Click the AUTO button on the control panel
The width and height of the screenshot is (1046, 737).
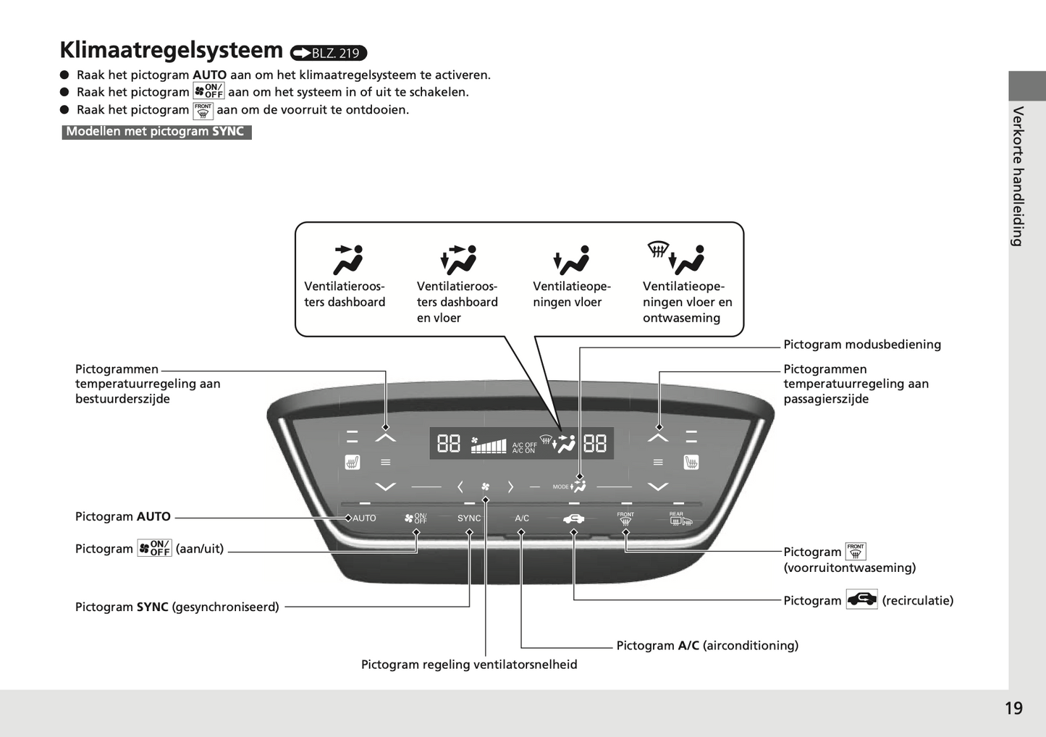(364, 518)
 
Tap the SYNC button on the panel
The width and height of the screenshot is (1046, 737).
(469, 518)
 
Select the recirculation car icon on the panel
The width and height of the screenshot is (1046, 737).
(573, 518)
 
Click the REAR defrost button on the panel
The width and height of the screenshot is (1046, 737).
(680, 518)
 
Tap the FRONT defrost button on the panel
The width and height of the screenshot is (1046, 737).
(625, 518)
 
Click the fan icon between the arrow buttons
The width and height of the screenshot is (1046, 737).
(485, 487)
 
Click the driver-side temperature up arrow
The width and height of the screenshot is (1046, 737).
(386, 437)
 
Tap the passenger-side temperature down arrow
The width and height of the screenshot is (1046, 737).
(657, 487)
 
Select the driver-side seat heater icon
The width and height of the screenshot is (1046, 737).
(353, 462)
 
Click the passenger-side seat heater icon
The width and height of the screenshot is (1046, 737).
(691, 462)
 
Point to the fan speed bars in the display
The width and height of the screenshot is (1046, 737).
(489, 445)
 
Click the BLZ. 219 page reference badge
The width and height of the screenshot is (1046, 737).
(329, 53)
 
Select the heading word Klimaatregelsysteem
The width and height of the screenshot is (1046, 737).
(172, 50)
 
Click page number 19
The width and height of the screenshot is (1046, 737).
(1013, 708)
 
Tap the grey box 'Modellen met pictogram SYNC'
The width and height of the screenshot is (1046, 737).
(156, 132)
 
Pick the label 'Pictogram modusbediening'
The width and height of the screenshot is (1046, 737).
(862, 345)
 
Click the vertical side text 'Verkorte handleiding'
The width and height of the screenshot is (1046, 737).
(1018, 176)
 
